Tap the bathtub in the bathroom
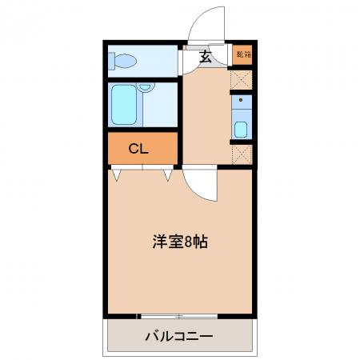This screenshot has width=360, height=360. (x=124, y=105)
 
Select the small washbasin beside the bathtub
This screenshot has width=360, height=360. (x=146, y=87)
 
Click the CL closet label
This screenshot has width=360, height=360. (x=138, y=149)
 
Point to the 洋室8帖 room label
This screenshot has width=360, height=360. (x=180, y=242)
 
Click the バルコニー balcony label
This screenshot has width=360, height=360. (x=179, y=336)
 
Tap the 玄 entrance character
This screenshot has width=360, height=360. (x=206, y=56)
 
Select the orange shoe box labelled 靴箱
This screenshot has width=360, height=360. (x=242, y=54)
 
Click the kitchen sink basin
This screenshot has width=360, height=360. (x=241, y=130)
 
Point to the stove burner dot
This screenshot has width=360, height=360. (x=241, y=100)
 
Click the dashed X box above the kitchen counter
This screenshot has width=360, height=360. (x=241, y=80)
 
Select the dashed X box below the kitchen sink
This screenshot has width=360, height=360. (x=242, y=154)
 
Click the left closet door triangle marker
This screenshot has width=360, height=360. (x=116, y=175)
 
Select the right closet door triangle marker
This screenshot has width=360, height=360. (x=168, y=175)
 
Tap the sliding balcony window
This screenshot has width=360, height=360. (x=178, y=317)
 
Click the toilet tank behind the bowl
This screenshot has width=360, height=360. (x=111, y=61)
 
